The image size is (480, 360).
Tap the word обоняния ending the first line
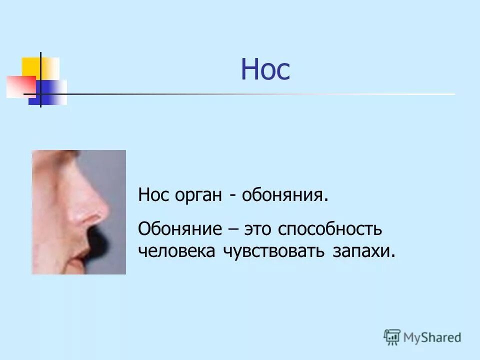tap(285, 195)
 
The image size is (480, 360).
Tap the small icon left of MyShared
tap(392, 337)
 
